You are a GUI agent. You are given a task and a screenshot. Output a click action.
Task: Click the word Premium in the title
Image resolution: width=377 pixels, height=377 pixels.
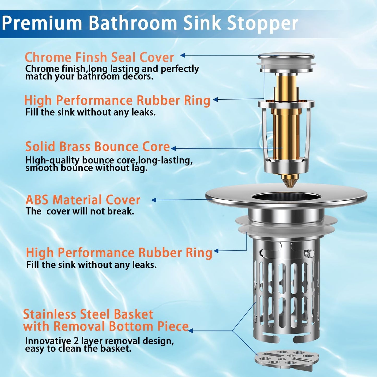tap(42, 23)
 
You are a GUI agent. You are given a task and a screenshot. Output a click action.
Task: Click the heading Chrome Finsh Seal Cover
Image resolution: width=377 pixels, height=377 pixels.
tap(99, 57)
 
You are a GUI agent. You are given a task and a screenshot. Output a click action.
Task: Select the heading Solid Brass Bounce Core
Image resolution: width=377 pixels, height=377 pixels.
tap(98, 147)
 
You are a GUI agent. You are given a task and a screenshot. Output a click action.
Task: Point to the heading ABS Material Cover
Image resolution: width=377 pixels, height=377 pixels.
tap(83, 200)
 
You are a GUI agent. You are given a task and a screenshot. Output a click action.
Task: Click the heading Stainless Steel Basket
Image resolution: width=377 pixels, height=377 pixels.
tap(88, 314)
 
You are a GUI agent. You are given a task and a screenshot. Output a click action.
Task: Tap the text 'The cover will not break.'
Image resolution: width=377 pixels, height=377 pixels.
tap(80, 211)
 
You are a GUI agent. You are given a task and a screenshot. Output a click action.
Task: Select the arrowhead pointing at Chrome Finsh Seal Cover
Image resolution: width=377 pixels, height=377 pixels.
tap(183, 55)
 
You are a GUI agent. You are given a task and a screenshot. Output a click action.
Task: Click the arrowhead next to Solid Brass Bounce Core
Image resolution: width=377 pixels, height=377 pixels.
tap(173, 148)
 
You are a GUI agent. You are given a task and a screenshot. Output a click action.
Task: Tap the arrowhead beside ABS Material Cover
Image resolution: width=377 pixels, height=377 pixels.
tap(154, 200)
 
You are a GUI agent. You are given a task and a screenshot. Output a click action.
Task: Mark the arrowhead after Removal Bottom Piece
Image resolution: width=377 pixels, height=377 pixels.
tap(190, 331)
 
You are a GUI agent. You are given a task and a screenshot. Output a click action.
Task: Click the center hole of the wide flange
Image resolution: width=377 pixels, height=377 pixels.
tap(286, 197)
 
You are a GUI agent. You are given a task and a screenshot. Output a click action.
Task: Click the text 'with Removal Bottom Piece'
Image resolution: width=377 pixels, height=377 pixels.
tap(106, 326)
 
